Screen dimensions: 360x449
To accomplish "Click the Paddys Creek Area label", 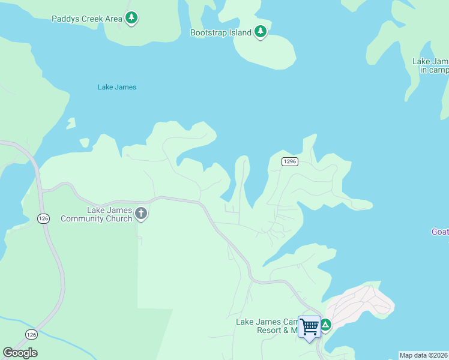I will pyautogui.click(x=87, y=19).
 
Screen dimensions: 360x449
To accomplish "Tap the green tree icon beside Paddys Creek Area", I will pyautogui.click(x=131, y=18).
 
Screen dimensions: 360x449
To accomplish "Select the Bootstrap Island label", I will pyautogui.click(x=220, y=32).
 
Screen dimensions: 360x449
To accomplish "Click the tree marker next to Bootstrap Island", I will pyautogui.click(x=260, y=32).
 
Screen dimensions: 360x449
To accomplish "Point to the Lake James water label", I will pyautogui.click(x=117, y=87).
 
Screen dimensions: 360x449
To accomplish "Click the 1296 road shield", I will pyautogui.click(x=290, y=161).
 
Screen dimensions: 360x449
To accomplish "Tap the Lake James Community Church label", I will pyautogui.click(x=96, y=214).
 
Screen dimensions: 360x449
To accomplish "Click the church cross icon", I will pyautogui.click(x=141, y=213).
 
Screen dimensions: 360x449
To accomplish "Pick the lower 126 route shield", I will pyautogui.click(x=32, y=334).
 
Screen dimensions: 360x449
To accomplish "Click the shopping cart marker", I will pyautogui.click(x=310, y=327).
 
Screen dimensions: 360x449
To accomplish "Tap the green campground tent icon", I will pyautogui.click(x=325, y=325).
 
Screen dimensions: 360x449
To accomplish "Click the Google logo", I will pyautogui.click(x=20, y=353).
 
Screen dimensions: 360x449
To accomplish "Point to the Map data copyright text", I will pyautogui.click(x=424, y=355).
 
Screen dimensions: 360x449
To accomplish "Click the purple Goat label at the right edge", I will pyautogui.click(x=440, y=232).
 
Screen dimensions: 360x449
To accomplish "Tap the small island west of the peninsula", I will pyautogui.click(x=71, y=124).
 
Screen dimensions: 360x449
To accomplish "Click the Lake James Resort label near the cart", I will pyautogui.click(x=267, y=326).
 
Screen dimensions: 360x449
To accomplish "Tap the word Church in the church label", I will pyautogui.click(x=118, y=218).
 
